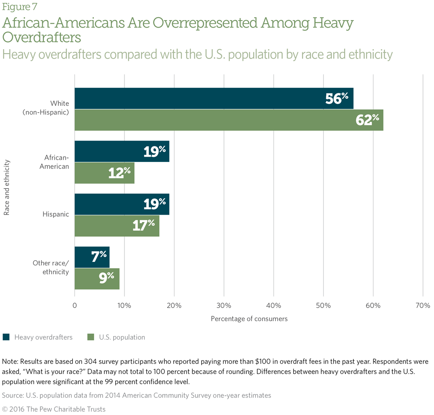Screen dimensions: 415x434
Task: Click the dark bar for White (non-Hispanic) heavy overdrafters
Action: [x=197, y=98]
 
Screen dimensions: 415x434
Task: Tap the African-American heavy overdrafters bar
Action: [x=114, y=151]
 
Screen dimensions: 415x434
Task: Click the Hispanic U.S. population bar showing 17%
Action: [x=110, y=226]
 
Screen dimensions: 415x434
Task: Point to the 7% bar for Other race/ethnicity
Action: [x=88, y=257]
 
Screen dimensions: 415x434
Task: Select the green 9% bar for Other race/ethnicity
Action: [x=92, y=279]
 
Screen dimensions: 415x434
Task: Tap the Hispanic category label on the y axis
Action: [x=56, y=215]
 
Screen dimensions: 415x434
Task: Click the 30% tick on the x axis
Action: [x=224, y=305]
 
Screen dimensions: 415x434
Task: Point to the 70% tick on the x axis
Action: [x=423, y=305]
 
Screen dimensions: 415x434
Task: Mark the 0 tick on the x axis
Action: [x=75, y=305]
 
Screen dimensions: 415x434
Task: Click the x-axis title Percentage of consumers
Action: [x=249, y=319]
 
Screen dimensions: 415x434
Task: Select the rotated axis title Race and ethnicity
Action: [x=7, y=188]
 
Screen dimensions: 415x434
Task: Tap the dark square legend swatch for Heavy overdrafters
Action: [x=6, y=337]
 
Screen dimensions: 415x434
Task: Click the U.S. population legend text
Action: [x=121, y=337]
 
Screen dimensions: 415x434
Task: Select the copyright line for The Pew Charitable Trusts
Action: [x=54, y=409]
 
